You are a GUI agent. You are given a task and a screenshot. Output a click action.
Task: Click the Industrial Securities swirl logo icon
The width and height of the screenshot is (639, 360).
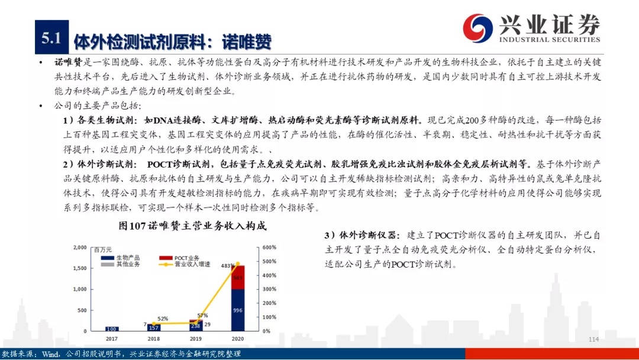click(x=477, y=28)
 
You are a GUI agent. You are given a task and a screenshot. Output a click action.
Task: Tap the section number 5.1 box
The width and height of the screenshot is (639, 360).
click(x=51, y=37)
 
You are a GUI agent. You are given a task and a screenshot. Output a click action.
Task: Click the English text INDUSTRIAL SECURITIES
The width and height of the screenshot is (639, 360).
click(x=550, y=40)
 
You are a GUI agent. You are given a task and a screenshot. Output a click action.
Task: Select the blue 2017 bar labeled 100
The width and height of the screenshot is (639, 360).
click(x=112, y=329)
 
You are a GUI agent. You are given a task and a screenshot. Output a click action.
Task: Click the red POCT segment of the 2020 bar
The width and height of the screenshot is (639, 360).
click(x=238, y=277)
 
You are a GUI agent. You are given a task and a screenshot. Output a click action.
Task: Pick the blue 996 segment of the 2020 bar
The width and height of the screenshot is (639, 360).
click(x=238, y=310)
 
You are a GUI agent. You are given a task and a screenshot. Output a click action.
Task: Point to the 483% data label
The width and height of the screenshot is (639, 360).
click(x=227, y=266)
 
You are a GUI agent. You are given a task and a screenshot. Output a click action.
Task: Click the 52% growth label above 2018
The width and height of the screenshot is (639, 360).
click(x=163, y=319)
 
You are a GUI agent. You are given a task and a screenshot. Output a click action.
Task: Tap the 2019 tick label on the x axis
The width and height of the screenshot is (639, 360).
click(x=196, y=339)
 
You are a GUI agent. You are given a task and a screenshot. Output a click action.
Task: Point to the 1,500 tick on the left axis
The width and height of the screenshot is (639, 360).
click(x=80, y=268)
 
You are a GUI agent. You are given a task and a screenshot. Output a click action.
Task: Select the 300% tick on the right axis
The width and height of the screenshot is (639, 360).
click(x=269, y=289)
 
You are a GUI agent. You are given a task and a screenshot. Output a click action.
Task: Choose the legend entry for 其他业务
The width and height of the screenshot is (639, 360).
click(x=120, y=264)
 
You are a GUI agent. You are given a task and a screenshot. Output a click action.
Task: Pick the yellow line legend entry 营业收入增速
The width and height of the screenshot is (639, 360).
click(x=185, y=264)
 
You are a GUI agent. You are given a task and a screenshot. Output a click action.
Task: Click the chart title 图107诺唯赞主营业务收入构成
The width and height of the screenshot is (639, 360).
click(x=192, y=226)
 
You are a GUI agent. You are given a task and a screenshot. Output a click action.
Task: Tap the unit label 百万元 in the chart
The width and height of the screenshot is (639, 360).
click(x=103, y=249)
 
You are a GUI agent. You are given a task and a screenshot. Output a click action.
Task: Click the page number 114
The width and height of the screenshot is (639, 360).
click(x=594, y=339)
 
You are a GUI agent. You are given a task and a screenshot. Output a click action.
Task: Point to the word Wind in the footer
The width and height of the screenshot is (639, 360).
click(x=50, y=354)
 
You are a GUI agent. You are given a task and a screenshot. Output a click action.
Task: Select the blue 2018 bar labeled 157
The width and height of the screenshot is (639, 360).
click(x=154, y=327)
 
